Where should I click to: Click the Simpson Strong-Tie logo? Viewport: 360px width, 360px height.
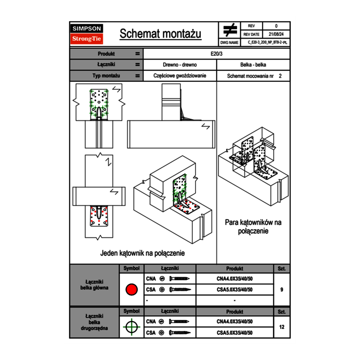[x=87, y=34]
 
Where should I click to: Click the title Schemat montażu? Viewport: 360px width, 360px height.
[x=160, y=34]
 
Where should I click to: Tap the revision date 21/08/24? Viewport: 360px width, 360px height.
[x=276, y=34]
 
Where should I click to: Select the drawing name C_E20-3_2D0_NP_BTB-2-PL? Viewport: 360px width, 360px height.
[x=268, y=42]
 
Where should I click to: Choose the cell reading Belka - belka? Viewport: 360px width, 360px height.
[x=253, y=65]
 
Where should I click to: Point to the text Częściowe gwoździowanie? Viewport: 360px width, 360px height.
[x=180, y=76]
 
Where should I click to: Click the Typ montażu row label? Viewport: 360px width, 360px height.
[x=106, y=76]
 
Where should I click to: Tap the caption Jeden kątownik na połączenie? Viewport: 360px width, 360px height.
[x=142, y=253]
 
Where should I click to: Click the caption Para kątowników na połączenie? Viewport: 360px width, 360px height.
[x=253, y=227]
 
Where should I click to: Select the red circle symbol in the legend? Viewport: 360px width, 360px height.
[x=131, y=290]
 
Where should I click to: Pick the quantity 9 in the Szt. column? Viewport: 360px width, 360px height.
[x=281, y=290]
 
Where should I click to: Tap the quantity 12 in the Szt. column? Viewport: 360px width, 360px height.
[x=281, y=327]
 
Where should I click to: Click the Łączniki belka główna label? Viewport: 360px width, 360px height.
[x=94, y=285]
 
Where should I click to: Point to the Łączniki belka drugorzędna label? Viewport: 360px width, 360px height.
[x=94, y=322]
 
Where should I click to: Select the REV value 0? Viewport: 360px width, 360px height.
[x=276, y=26]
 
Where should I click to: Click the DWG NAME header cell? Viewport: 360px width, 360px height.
[x=229, y=42]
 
